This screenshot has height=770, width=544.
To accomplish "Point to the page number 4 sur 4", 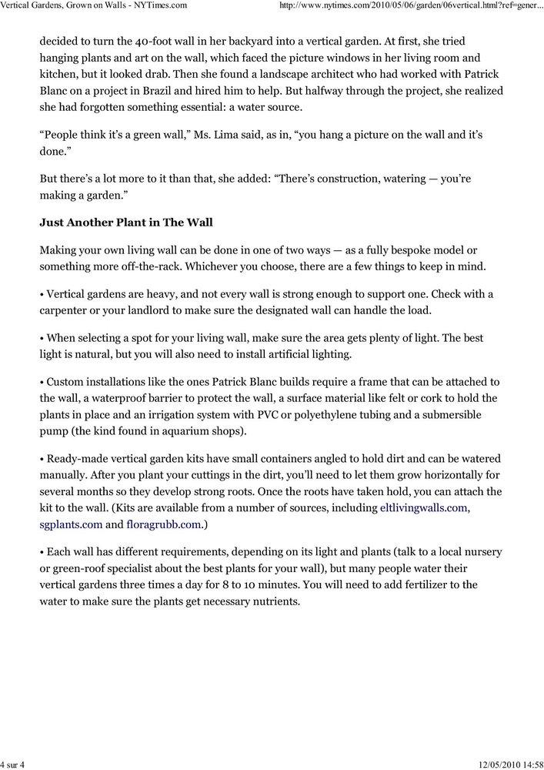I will tap(14, 763).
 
